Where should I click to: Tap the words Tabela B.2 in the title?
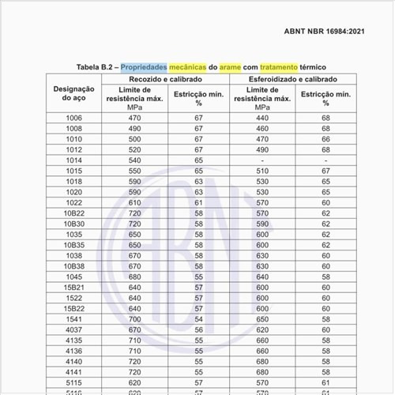pos(96,67)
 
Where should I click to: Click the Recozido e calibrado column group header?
pos(165,80)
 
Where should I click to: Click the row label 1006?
pos(73,118)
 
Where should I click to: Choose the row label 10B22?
pos(73,213)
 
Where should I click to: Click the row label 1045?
pos(73,277)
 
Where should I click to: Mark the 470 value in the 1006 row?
pos(134,118)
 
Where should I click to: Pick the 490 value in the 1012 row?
pos(258,149)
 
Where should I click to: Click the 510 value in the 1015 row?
pos(258,171)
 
